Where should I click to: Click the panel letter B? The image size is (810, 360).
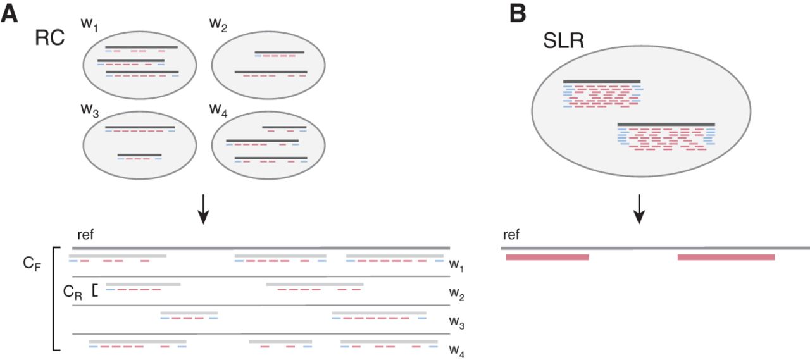tap(517, 13)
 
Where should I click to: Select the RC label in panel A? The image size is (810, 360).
tap(49, 39)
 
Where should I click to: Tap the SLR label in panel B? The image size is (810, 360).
tap(563, 42)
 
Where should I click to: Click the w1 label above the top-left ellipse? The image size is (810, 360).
tap(89, 25)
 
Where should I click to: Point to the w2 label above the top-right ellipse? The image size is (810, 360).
tap(218, 25)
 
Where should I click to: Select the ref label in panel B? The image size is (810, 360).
tap(511, 235)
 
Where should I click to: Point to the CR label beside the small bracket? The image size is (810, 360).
tap(73, 292)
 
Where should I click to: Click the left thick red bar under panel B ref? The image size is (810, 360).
tap(547, 257)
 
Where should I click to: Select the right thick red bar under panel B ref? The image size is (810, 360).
tap(726, 257)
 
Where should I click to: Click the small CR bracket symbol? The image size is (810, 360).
tap(95, 290)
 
